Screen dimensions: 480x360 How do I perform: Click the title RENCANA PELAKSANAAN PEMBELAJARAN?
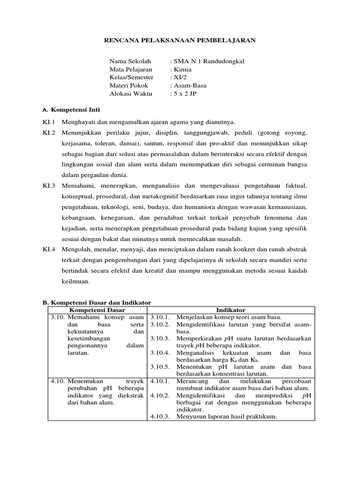(180, 41)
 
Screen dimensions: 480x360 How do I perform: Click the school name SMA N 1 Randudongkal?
(209, 61)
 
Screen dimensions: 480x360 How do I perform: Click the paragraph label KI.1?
(49, 122)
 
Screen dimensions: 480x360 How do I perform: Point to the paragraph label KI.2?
(49, 133)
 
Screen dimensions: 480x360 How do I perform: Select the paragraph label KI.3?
(49, 186)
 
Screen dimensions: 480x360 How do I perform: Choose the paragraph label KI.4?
(49, 250)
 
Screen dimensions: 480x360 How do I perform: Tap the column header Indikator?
(231, 310)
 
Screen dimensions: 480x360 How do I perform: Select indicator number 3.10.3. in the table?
(161, 338)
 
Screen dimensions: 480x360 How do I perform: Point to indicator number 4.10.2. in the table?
(161, 395)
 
